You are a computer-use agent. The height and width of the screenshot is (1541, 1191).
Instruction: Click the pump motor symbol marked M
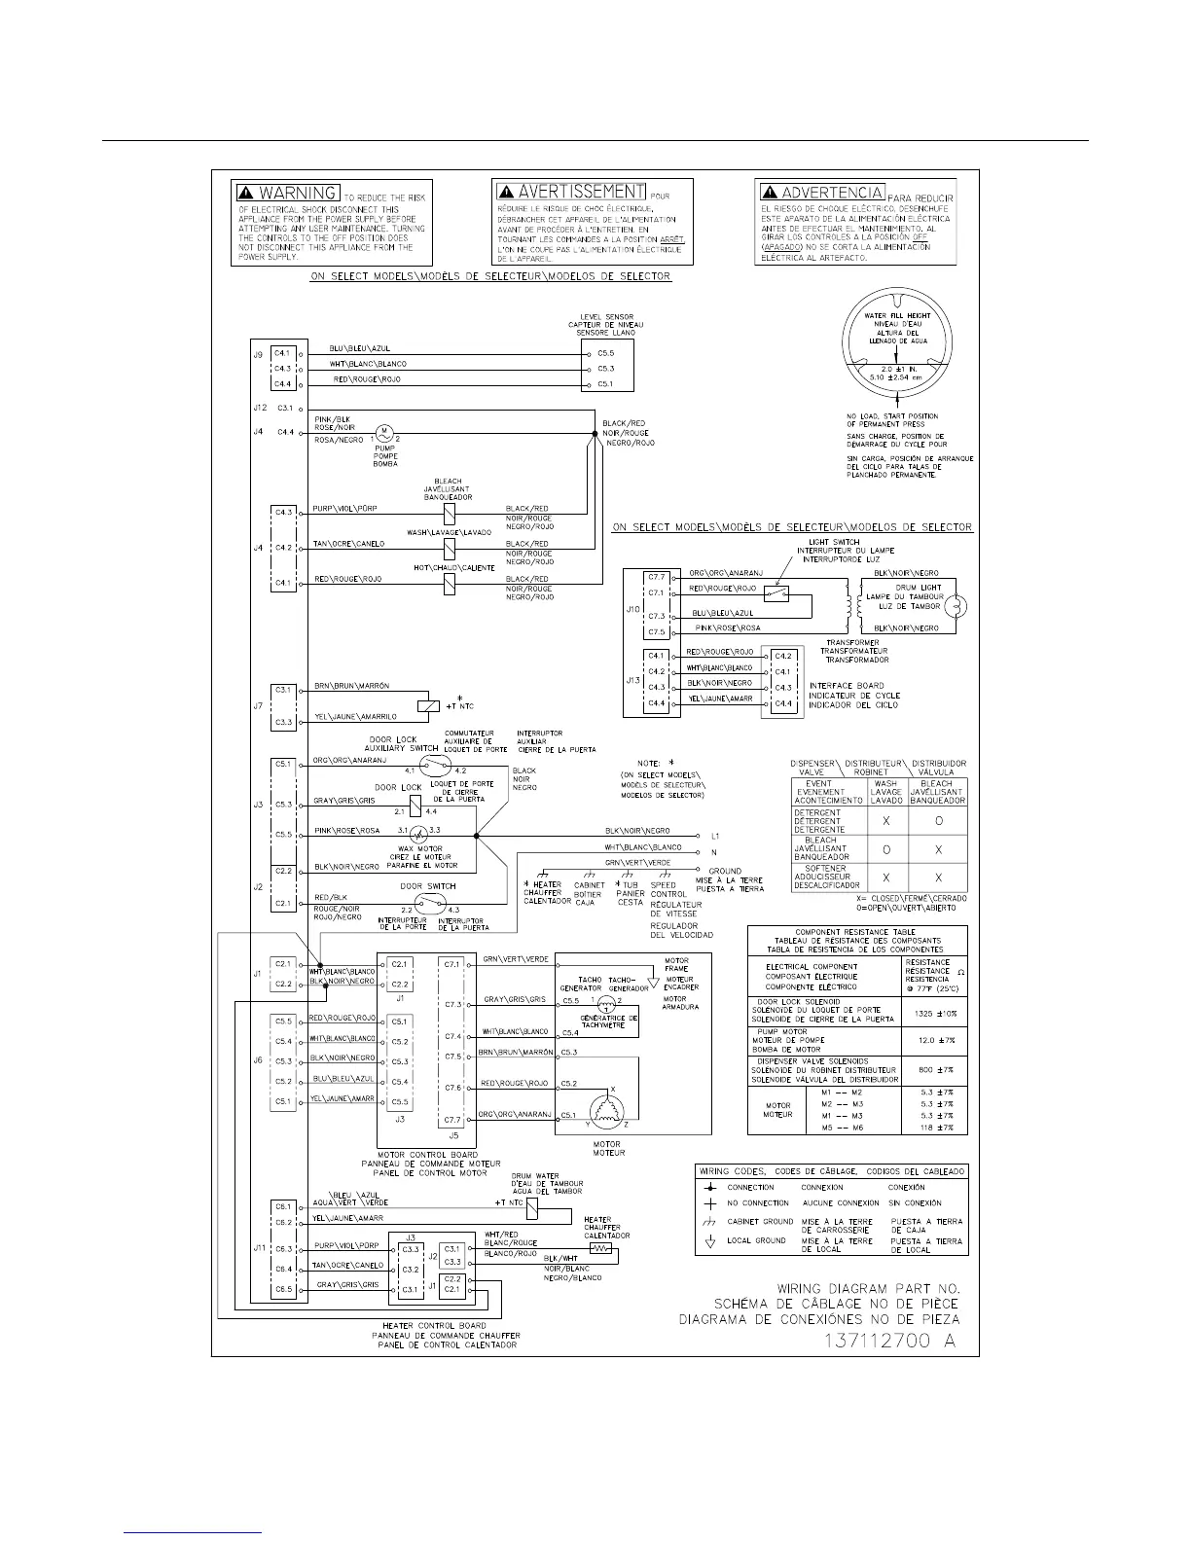click(x=383, y=431)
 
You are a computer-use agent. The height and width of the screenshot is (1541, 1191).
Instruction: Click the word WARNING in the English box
click(x=299, y=193)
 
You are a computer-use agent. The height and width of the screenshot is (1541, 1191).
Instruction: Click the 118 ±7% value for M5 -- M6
click(x=931, y=1128)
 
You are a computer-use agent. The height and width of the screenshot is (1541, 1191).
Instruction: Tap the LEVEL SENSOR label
click(x=604, y=317)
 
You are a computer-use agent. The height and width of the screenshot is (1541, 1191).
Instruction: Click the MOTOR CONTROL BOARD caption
click(x=431, y=1155)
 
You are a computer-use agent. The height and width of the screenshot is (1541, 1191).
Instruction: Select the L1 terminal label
click(x=715, y=836)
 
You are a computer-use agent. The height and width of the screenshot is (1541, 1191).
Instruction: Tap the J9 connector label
click(x=258, y=354)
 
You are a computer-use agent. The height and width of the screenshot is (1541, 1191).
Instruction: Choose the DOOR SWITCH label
click(x=428, y=886)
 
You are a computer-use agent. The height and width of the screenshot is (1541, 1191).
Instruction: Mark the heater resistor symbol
click(x=602, y=1248)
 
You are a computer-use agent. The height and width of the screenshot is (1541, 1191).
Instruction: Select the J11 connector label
click(x=259, y=1248)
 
